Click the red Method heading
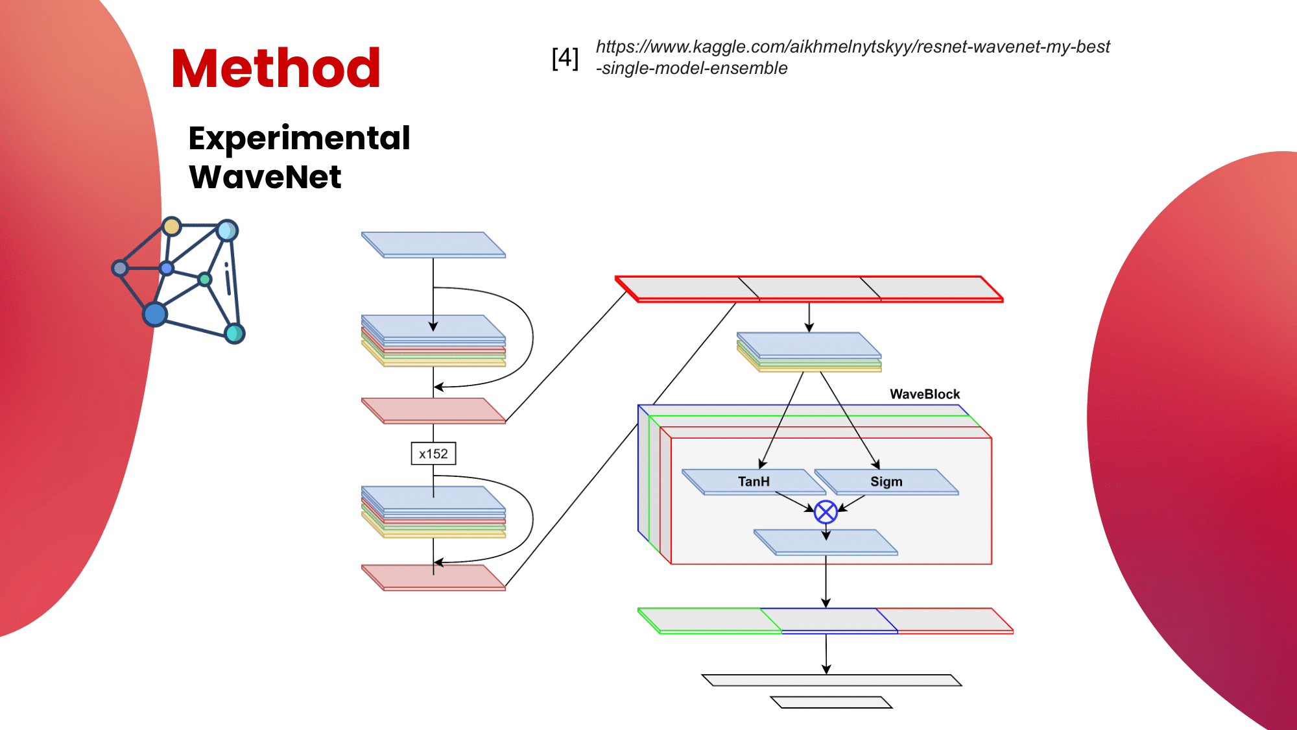(276, 68)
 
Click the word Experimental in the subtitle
(299, 138)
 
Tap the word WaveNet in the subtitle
(265, 177)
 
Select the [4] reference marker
(564, 58)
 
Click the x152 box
(433, 454)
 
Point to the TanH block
(754, 481)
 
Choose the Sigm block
(886, 481)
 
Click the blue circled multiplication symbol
(826, 512)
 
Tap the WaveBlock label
(924, 394)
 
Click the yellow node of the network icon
(172, 226)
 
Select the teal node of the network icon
(234, 334)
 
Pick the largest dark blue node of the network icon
(155, 314)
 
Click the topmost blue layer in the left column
(433, 244)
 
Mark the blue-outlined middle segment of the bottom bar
(830, 620)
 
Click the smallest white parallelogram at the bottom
(831, 702)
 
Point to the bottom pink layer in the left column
(433, 576)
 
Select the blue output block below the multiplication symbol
(826, 542)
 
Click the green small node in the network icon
(205, 279)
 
